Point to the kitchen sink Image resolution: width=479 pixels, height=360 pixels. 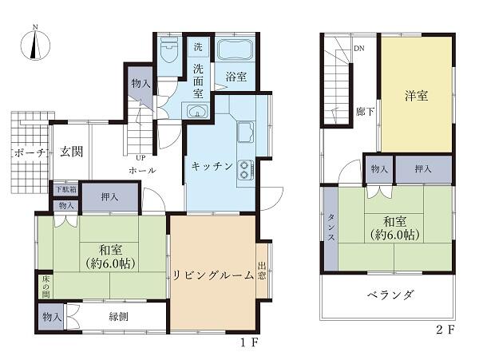245,129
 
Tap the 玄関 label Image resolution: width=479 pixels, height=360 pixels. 72,152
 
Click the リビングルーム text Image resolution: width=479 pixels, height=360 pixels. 212,275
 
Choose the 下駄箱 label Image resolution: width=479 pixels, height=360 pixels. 65,190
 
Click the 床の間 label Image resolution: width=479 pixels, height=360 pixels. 45,285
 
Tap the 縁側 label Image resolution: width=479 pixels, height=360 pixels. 117,317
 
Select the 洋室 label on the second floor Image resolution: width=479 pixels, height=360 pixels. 414,97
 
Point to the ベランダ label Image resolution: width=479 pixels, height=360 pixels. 390,295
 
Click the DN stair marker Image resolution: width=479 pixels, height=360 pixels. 359,47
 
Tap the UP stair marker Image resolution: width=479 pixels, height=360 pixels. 141,157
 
